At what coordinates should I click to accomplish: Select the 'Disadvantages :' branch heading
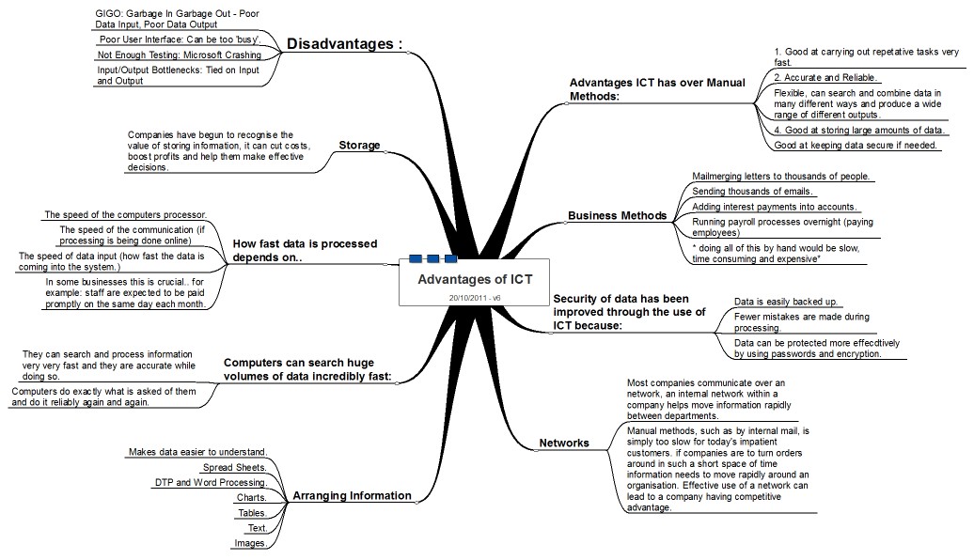(344, 44)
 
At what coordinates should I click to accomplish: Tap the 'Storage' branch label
(359, 146)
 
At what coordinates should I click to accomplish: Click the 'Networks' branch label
(564, 443)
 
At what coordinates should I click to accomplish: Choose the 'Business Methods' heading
(617, 215)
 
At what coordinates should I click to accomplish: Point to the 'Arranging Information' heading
(352, 495)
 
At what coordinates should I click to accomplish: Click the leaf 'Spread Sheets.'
(235, 467)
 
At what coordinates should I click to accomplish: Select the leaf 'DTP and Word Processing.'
(211, 482)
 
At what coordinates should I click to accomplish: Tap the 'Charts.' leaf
(251, 497)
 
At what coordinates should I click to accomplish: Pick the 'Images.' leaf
(250, 542)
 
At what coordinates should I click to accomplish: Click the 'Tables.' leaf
(251, 512)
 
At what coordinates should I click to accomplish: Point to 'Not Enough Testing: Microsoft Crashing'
(180, 55)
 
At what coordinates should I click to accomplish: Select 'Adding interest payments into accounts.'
(774, 207)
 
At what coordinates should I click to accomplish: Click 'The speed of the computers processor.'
(125, 214)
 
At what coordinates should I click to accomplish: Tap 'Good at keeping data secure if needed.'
(856, 146)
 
